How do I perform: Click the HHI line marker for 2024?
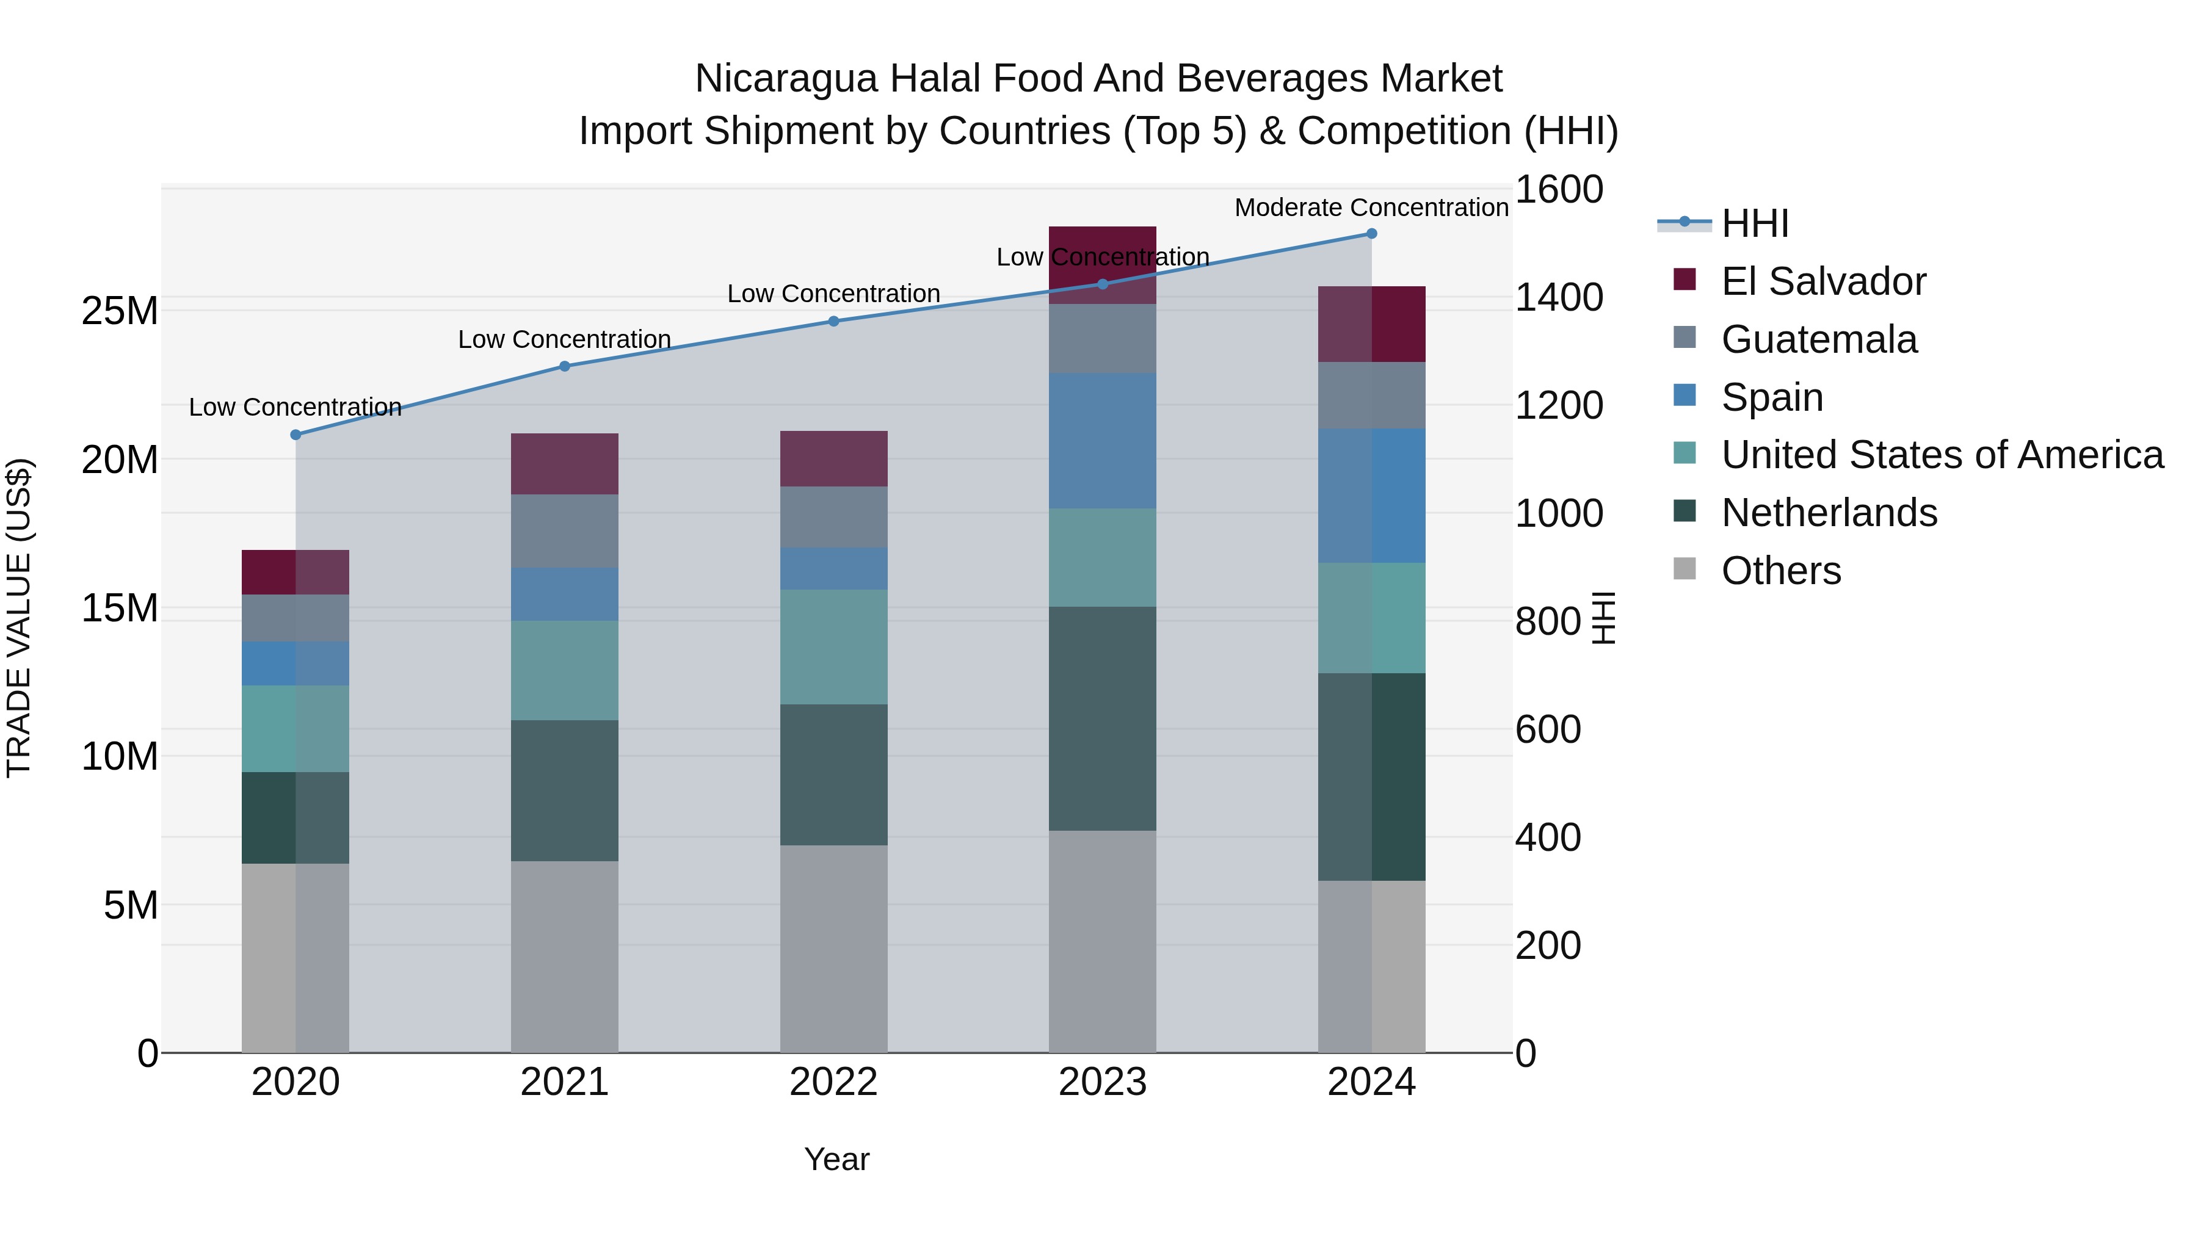tap(1371, 234)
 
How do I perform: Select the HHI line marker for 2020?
tap(296, 435)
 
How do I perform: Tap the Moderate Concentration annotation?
tap(1371, 208)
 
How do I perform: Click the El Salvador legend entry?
tap(1823, 281)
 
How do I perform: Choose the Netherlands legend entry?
tap(1829, 513)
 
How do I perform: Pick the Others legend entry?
tap(1781, 571)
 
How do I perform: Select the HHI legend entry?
tap(1754, 223)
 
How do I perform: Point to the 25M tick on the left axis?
tap(120, 311)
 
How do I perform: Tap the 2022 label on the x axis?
tap(833, 1082)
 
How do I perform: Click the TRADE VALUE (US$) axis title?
tap(19, 618)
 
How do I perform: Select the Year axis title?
tap(836, 1159)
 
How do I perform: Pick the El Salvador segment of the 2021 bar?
tap(564, 464)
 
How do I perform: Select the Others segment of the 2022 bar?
tap(833, 949)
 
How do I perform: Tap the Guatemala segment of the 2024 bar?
tap(1371, 395)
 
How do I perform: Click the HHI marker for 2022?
tap(833, 322)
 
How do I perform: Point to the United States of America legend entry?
tap(1942, 455)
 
